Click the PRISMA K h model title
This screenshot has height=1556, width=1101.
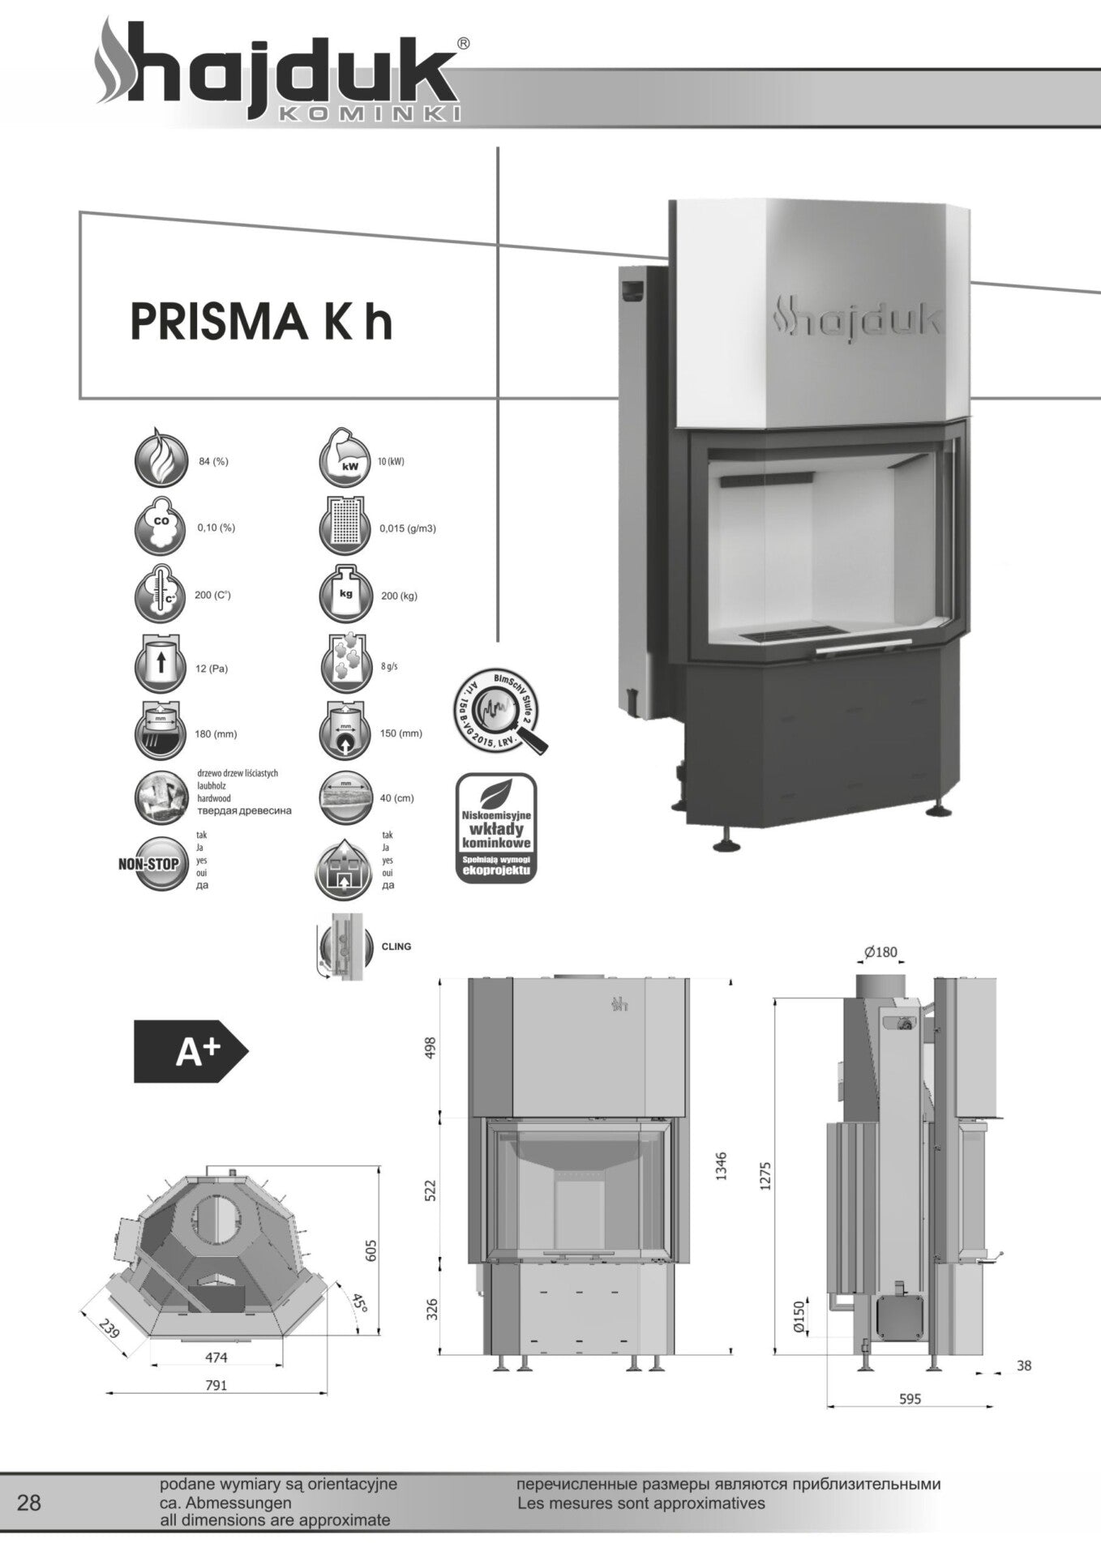pos(261,322)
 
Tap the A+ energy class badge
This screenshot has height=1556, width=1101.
pos(191,1051)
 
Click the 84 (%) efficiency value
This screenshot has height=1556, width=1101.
pos(213,461)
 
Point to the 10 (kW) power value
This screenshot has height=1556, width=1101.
pos(391,461)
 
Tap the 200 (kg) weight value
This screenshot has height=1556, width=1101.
pos(399,596)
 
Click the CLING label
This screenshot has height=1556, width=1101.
pos(396,946)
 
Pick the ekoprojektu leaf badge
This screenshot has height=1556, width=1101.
pos(495,827)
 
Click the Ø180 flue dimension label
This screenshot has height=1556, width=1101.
pos(880,951)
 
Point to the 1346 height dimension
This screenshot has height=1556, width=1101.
pos(721,1166)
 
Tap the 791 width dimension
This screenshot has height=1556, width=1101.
pos(216,1385)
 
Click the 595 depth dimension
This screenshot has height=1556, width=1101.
pos(910,1398)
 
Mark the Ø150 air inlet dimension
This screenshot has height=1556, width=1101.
pos(799,1317)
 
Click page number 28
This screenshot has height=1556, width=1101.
pos(28,1503)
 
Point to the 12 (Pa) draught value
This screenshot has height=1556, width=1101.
pos(212,669)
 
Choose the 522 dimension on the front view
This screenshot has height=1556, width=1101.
pos(431,1190)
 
